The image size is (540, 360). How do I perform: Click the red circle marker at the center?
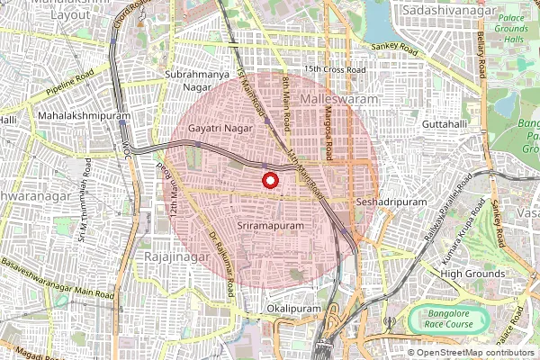269,180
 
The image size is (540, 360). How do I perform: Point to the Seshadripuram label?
391,202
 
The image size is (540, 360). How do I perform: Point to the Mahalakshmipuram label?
86,116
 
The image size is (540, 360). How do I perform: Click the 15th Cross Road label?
335,69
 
